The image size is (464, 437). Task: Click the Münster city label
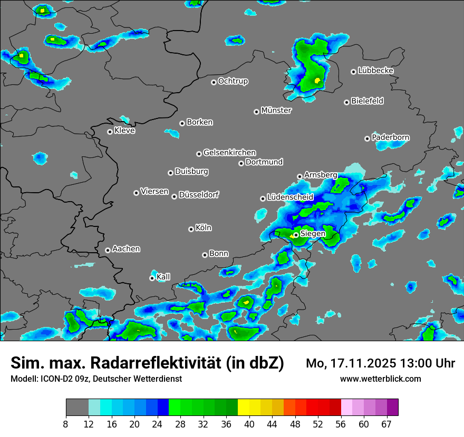pyautogui.click(x=276, y=111)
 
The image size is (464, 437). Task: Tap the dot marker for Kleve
pyautogui.click(x=110, y=132)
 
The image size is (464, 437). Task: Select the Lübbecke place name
pyautogui.click(x=375, y=71)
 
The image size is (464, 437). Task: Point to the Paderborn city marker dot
pyautogui.click(x=367, y=138)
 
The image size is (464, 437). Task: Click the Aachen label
pyautogui.click(x=126, y=249)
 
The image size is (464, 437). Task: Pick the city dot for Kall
pyautogui.click(x=152, y=278)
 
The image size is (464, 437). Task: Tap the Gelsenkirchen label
pyautogui.click(x=229, y=153)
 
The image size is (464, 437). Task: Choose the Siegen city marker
pyautogui.click(x=296, y=235)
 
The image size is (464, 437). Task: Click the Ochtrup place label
pyautogui.click(x=233, y=81)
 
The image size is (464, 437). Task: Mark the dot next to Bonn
pyautogui.click(x=205, y=255)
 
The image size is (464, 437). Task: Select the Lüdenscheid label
pyautogui.click(x=290, y=197)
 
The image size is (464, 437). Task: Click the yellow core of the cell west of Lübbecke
pyautogui.click(x=317, y=81)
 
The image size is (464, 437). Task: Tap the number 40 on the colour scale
pyautogui.click(x=249, y=424)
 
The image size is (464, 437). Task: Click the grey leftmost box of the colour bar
pyautogui.click(x=77, y=408)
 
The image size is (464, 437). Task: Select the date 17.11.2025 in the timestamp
pyautogui.click(x=353, y=363)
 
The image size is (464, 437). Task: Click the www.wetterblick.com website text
pyautogui.click(x=380, y=379)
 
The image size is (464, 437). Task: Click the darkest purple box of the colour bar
pyautogui.click(x=392, y=408)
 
